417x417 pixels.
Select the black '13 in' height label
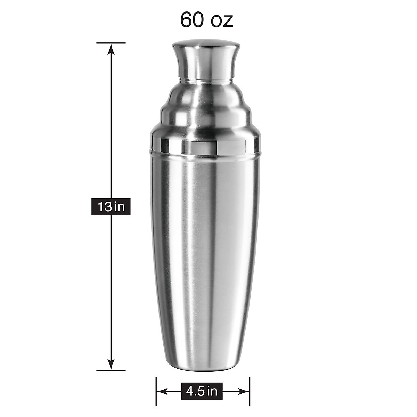pyautogui.click(x=111, y=207)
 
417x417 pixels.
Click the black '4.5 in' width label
pyautogui.click(x=202, y=392)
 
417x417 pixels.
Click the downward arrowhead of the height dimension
pyautogui.click(x=111, y=365)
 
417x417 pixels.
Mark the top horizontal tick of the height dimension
pyautogui.click(x=111, y=43)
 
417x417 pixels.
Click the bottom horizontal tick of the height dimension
pyautogui.click(x=111, y=370)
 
